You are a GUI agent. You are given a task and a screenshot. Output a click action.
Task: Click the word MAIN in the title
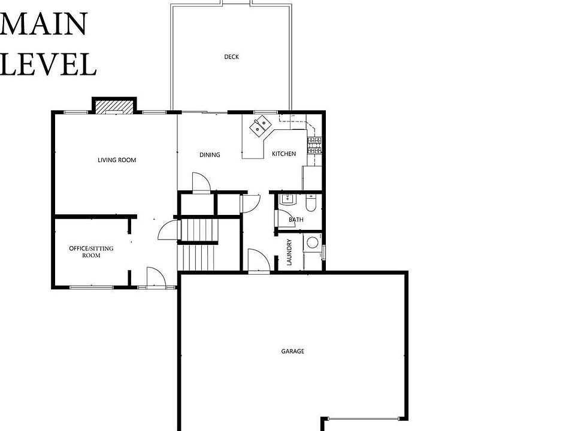click(x=44, y=24)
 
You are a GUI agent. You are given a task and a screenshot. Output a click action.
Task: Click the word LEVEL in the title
click(x=48, y=64)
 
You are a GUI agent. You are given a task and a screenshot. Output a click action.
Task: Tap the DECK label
click(x=231, y=57)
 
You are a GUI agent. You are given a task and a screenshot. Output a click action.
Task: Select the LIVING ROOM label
click(x=117, y=160)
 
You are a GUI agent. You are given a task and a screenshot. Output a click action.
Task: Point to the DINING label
click(x=210, y=154)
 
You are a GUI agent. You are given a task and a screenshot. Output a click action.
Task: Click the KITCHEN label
click(x=284, y=154)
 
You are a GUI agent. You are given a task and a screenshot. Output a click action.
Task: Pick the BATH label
click(x=296, y=220)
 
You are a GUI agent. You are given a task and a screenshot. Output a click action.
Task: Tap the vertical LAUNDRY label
click(x=289, y=252)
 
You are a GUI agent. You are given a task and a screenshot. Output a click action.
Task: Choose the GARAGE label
click(x=293, y=351)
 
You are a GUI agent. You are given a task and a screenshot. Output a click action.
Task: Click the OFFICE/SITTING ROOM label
click(x=91, y=251)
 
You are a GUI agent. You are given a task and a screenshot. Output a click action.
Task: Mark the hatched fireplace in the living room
click(x=114, y=106)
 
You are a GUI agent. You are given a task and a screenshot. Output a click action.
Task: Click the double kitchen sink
click(x=260, y=126)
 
